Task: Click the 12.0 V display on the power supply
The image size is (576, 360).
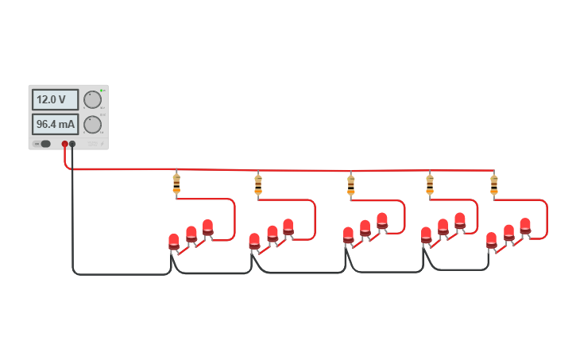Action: pyautogui.click(x=55, y=100)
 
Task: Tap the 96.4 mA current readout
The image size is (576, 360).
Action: pyautogui.click(x=55, y=124)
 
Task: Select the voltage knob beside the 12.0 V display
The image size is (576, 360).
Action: pyautogui.click(x=92, y=99)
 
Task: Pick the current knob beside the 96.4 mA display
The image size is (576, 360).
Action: pyautogui.click(x=92, y=124)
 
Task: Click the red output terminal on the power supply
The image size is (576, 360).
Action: pyautogui.click(x=65, y=144)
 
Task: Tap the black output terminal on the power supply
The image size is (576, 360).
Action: pyautogui.click(x=72, y=144)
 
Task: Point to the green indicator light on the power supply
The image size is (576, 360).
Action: pyautogui.click(x=102, y=91)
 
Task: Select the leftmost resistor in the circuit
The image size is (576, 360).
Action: pyautogui.click(x=176, y=184)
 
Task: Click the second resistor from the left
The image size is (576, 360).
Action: pyautogui.click(x=258, y=184)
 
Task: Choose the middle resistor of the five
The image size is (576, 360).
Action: pyautogui.click(x=350, y=184)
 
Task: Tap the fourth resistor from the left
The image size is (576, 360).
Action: pyautogui.click(x=430, y=184)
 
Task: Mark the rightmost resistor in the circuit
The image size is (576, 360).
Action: pyautogui.click(x=494, y=184)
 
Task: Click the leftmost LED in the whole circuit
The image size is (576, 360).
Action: pyautogui.click(x=174, y=241)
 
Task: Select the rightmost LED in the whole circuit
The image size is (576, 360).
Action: pyautogui.click(x=525, y=226)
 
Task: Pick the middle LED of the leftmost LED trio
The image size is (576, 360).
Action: pyautogui.click(x=191, y=234)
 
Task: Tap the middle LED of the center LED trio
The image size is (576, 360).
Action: pyautogui.click(x=365, y=228)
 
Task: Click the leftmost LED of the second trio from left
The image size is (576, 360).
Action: pyautogui.click(x=254, y=240)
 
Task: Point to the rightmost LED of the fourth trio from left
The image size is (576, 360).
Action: pyautogui.click(x=460, y=220)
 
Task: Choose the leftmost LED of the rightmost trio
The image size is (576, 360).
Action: pyautogui.click(x=492, y=239)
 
